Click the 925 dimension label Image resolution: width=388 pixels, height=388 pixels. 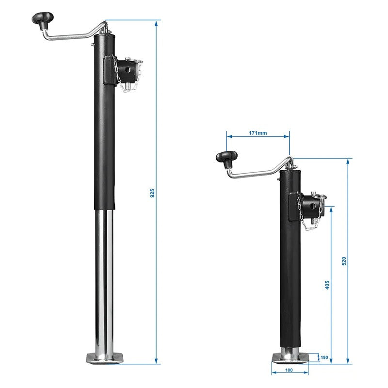point(151,194)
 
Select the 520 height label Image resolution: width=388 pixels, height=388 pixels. point(344,260)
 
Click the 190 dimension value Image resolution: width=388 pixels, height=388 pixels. point(323,358)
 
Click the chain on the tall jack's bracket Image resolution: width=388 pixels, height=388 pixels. point(117,73)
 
